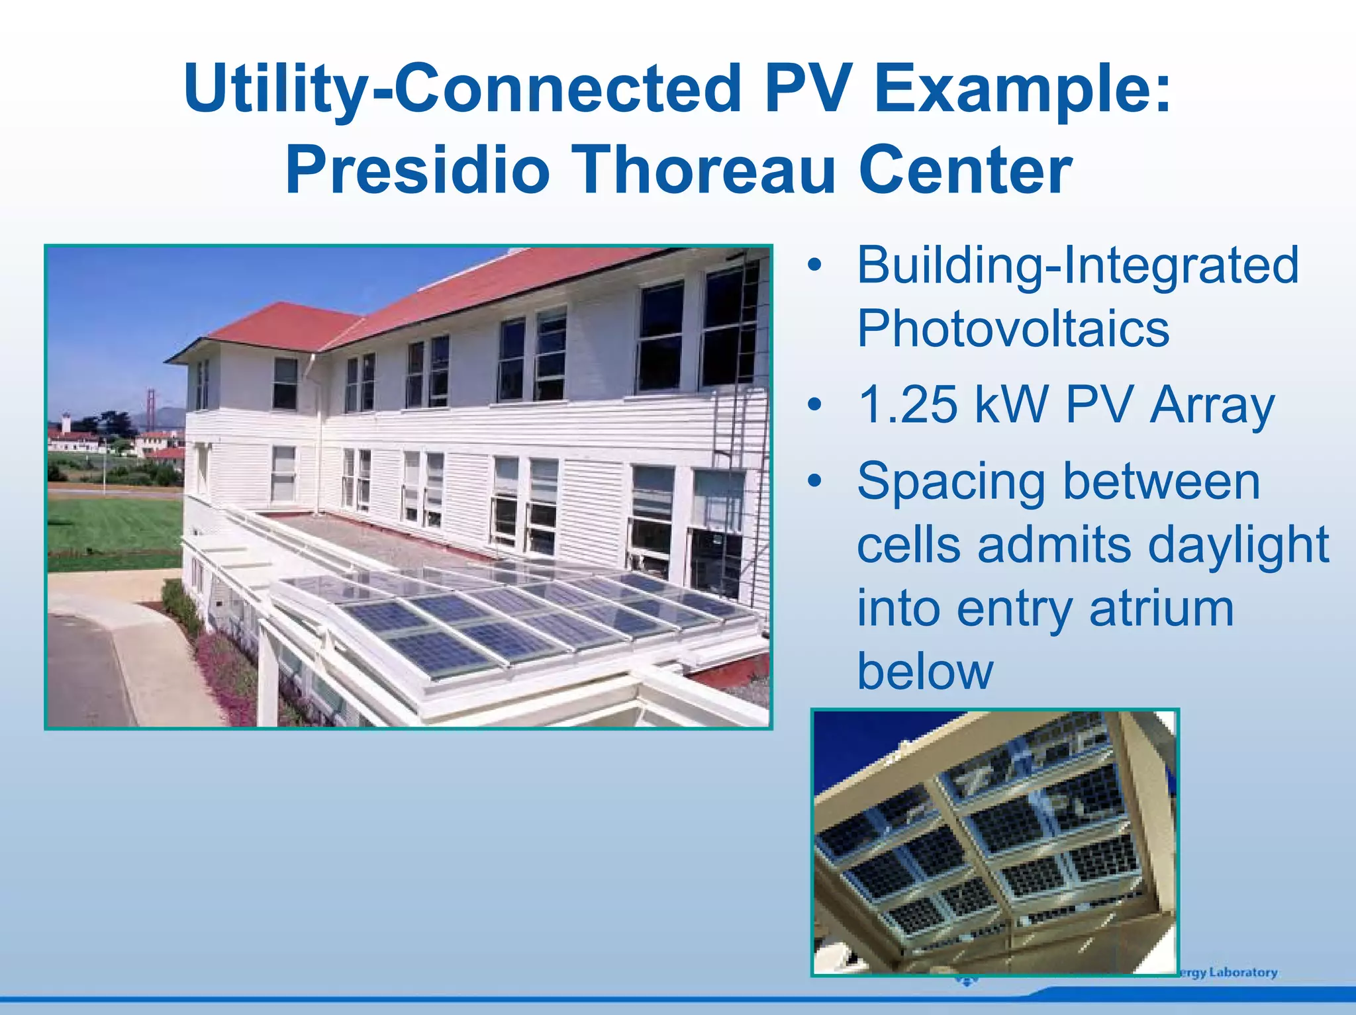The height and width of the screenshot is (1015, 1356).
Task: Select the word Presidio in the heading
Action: [417, 170]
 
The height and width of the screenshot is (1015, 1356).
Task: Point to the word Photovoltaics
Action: [1013, 329]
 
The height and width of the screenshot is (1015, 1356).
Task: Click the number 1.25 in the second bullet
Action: [908, 404]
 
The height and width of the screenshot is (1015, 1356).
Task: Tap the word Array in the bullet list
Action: [1212, 404]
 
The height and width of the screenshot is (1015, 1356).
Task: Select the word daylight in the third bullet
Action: [1238, 545]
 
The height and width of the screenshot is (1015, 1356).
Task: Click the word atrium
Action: [1161, 608]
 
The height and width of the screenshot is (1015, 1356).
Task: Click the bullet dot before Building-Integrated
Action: [814, 265]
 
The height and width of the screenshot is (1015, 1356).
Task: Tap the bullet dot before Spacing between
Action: [814, 481]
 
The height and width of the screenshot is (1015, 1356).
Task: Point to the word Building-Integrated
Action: [1077, 265]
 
